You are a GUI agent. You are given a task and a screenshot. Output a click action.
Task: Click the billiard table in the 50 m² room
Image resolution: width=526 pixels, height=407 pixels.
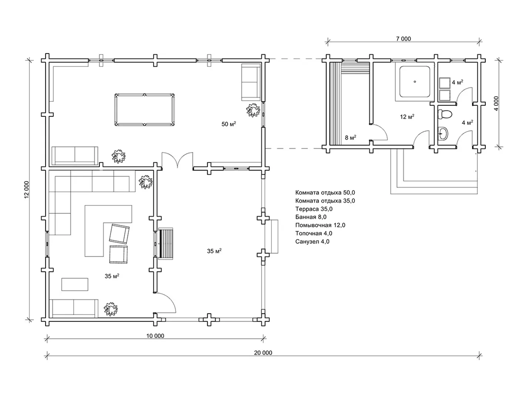pyautogui.click(x=145, y=110)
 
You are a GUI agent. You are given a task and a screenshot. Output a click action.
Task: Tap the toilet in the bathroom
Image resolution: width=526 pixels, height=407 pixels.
pyautogui.click(x=445, y=114)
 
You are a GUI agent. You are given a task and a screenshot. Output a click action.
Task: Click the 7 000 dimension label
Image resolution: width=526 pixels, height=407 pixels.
pyautogui.click(x=403, y=39)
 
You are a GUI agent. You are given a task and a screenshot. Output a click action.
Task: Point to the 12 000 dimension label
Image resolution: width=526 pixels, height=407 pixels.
pyautogui.click(x=27, y=189)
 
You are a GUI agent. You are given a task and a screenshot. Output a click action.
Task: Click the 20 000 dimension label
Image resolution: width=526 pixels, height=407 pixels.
pyautogui.click(x=263, y=353)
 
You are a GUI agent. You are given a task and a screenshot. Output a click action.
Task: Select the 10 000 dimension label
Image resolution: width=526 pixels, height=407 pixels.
pyautogui.click(x=155, y=336)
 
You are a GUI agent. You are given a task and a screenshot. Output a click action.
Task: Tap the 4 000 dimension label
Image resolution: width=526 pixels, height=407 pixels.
pyautogui.click(x=496, y=103)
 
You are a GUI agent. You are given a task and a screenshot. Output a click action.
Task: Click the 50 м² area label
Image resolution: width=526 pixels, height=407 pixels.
pyautogui.click(x=229, y=124)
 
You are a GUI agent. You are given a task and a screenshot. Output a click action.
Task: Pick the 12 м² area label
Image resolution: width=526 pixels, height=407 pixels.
pyautogui.click(x=407, y=117)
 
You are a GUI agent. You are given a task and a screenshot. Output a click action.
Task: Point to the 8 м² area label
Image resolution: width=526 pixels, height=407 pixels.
pyautogui.click(x=351, y=138)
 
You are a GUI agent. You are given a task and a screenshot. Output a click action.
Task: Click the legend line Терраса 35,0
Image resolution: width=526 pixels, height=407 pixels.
pyautogui.click(x=314, y=209)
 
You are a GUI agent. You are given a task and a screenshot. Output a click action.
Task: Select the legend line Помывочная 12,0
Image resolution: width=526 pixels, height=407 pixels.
pyautogui.click(x=320, y=225)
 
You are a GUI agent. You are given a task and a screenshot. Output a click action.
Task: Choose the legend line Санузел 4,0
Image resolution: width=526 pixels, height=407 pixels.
pyautogui.click(x=312, y=241)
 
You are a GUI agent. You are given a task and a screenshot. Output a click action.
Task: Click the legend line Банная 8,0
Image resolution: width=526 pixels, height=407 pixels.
pyautogui.click(x=311, y=217)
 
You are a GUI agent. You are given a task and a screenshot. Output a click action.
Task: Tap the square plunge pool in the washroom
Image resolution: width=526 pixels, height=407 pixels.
pyautogui.click(x=415, y=82)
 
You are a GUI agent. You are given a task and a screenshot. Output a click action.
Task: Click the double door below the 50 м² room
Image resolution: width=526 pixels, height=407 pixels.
pyautogui.click(x=178, y=160)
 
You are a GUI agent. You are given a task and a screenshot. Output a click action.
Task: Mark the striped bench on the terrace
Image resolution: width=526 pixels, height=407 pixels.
pyautogui.click(x=166, y=243)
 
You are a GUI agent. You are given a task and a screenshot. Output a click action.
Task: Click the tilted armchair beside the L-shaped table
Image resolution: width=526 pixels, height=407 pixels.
pyautogui.click(x=119, y=233)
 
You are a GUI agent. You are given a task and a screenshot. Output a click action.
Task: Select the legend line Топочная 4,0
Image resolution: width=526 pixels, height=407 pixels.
pyautogui.click(x=314, y=233)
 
